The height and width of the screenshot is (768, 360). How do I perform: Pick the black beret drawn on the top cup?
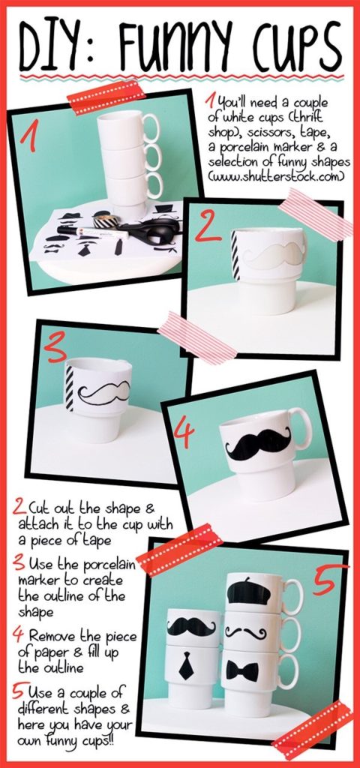click(x=249, y=591)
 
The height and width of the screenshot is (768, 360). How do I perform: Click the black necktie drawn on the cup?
click(x=186, y=666)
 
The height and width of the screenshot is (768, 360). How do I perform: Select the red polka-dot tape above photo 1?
click(x=106, y=97)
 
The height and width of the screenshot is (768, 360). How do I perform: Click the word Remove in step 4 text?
click(x=53, y=636)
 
